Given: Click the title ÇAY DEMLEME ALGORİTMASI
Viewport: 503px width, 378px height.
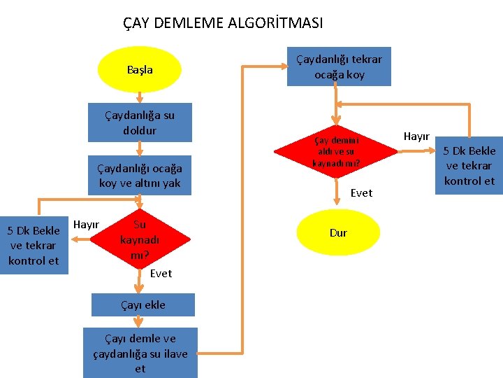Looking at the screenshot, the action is [223, 23].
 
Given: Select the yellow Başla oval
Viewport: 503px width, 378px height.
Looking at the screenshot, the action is [140, 70].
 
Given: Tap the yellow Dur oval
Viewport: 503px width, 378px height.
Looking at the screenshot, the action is [338, 232].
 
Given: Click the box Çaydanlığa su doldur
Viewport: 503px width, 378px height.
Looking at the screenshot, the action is [140, 122].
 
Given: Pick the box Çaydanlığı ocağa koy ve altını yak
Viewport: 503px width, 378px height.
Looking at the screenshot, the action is [140, 176].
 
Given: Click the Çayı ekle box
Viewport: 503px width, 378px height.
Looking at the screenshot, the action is [140, 304].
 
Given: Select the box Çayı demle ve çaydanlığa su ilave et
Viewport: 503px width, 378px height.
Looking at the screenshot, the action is [140, 353].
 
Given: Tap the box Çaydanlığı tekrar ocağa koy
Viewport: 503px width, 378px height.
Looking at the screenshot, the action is [339, 66].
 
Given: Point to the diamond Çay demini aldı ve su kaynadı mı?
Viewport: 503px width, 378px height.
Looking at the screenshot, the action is [337, 151].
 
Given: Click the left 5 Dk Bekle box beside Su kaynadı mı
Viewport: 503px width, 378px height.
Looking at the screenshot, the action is [34, 246].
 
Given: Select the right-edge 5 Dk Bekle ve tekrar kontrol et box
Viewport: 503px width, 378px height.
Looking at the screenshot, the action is [469, 165].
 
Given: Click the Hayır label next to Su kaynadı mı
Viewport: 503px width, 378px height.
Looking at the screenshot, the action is [86, 224].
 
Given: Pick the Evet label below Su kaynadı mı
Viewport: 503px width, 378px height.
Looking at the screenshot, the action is [161, 273].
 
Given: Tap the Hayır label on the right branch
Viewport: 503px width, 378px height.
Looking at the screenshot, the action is [416, 136].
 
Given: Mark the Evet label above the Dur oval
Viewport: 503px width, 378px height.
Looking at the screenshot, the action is [361, 192].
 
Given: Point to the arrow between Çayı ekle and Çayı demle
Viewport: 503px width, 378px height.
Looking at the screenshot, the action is [140, 322].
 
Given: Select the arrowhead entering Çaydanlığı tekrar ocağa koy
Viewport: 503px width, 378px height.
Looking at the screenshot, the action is [284, 66].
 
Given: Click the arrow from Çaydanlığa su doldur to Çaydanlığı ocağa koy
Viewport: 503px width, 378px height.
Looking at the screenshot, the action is [140, 148].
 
